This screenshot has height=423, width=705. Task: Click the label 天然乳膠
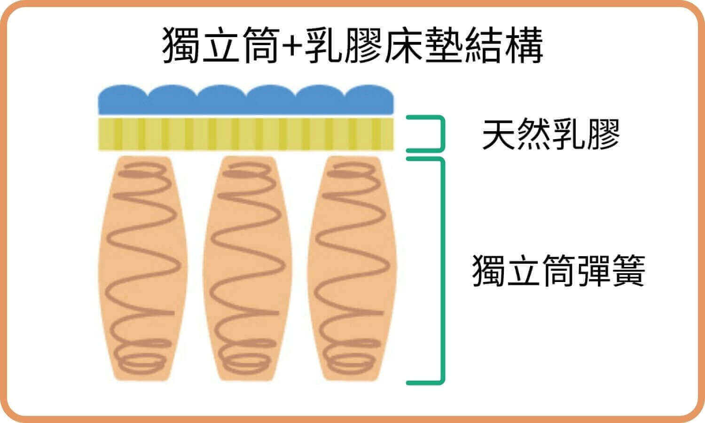551,134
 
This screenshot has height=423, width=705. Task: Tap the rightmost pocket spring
350,268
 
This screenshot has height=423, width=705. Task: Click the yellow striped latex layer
245,134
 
